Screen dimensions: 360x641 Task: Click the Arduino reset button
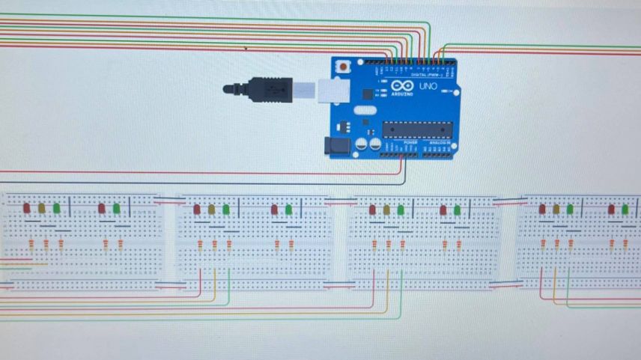[343, 66]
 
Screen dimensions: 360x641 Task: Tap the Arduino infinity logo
[401, 87]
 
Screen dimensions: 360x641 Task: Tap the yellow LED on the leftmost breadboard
[42, 208]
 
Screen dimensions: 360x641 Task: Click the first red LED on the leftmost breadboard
[27, 208]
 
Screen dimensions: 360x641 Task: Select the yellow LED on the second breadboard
[212, 210]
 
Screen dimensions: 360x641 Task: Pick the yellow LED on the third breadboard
[386, 210]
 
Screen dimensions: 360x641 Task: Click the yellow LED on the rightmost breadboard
[556, 209]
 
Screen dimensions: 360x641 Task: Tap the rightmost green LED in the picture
[625, 209]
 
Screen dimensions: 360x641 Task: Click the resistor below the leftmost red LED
[31, 244]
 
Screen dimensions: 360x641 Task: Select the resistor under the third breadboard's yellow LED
[388, 244]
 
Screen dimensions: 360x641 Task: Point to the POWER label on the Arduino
[400, 141]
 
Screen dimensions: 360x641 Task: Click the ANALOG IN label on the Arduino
[440, 141]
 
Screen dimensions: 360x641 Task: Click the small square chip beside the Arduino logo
[367, 94]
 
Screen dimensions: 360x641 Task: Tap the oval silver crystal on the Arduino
[363, 111]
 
